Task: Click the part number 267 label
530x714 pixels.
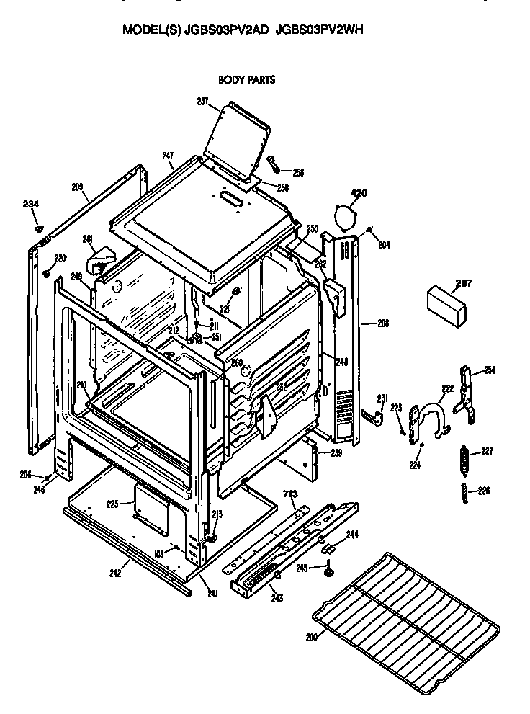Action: (x=444, y=283)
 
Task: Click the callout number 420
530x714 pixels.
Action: (x=358, y=193)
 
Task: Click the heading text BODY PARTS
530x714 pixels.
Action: (x=246, y=81)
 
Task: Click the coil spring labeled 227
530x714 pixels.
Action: (x=464, y=461)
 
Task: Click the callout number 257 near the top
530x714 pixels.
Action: (x=202, y=102)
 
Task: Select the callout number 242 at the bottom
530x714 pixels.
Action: (x=115, y=573)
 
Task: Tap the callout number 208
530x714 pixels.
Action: (x=382, y=323)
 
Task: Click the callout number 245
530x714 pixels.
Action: (x=302, y=568)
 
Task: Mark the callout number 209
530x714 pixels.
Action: (x=78, y=187)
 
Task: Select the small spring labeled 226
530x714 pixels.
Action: (x=465, y=494)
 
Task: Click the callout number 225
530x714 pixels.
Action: (x=112, y=504)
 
